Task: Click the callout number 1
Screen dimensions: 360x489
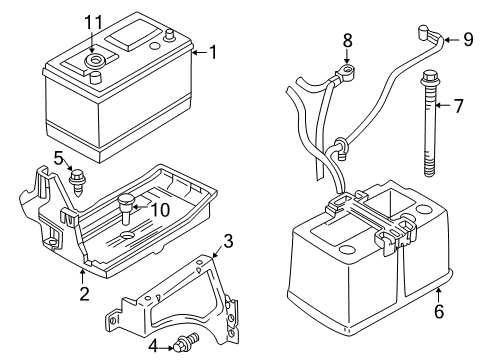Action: (x=211, y=53)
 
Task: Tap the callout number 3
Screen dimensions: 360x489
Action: (x=228, y=240)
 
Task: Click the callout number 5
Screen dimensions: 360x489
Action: (x=58, y=157)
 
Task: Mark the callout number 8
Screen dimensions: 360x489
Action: (x=347, y=41)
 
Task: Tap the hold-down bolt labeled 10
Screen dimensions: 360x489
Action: (x=126, y=205)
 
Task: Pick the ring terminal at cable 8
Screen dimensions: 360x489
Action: (x=350, y=71)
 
